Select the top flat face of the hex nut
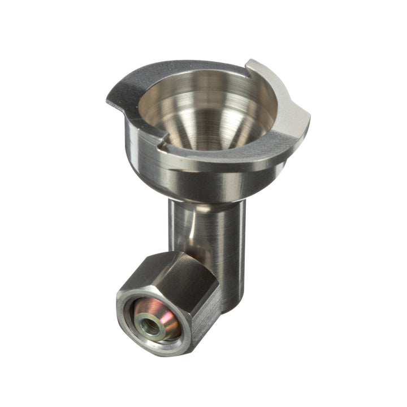point(170,270)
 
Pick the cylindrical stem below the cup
point(220,237)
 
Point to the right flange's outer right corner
point(309,121)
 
